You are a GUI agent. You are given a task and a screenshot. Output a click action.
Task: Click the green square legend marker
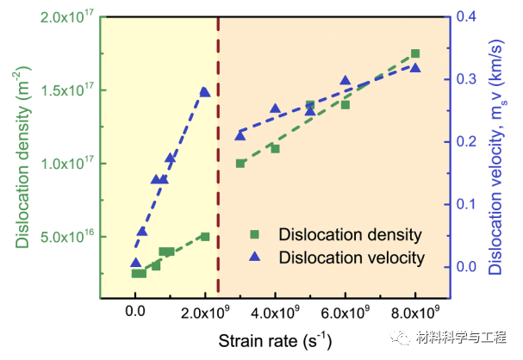pos(256,234)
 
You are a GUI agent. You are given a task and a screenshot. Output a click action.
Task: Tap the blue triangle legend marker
pos(256,257)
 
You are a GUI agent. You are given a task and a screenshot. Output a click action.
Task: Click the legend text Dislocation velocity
pos(352,258)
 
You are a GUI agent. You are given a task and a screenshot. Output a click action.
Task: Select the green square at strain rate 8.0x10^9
pos(414,53)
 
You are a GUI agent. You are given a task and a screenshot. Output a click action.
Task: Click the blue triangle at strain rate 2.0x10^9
pos(204,91)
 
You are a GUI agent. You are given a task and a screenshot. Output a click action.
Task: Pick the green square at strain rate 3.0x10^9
pos(240,163)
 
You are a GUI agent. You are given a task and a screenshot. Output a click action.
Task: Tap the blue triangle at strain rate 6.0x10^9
pos(346,81)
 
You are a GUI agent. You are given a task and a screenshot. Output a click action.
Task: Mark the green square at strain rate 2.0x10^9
pos(205,236)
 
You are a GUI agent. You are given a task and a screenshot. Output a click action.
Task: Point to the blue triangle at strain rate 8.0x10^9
pos(414,67)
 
